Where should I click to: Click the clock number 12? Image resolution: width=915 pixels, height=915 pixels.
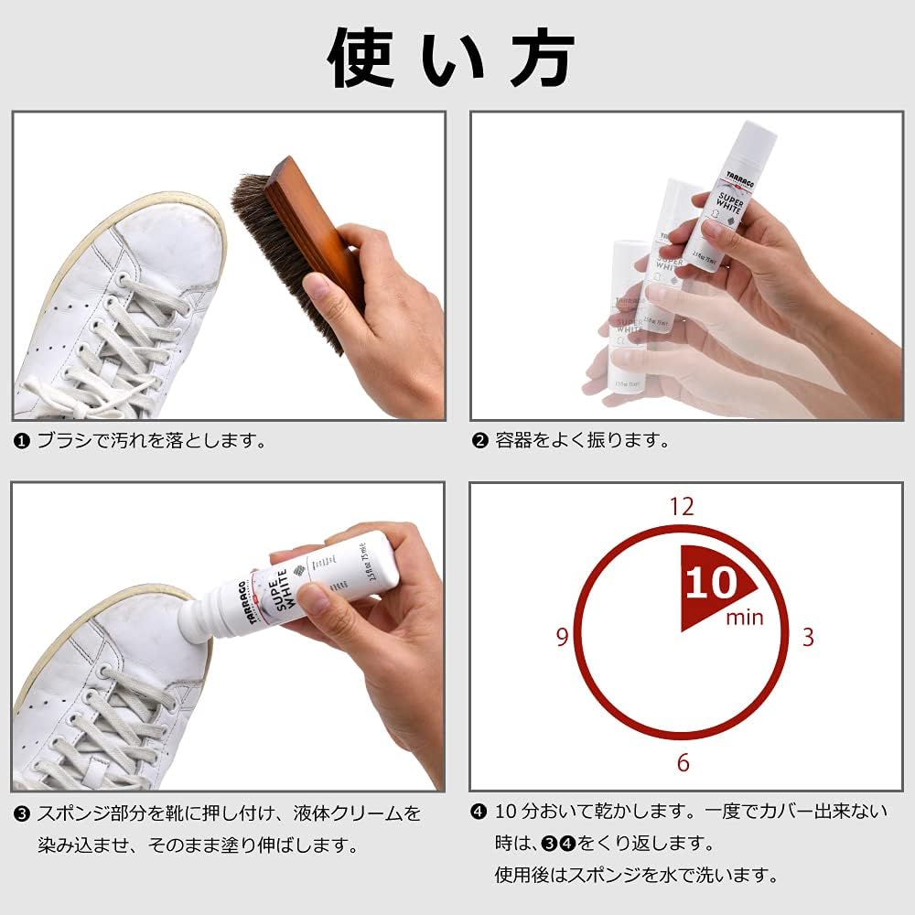point(682,506)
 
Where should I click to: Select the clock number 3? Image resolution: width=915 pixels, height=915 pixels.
point(807,638)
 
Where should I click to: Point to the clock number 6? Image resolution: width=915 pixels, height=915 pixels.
point(683,762)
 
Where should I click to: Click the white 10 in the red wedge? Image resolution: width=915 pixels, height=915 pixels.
point(710,584)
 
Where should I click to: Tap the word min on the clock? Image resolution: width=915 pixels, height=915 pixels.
point(744,617)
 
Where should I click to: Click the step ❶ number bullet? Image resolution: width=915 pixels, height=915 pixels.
point(21,441)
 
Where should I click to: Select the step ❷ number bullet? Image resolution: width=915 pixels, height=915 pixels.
point(479,441)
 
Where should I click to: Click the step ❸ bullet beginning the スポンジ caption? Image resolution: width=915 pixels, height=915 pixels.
point(21,813)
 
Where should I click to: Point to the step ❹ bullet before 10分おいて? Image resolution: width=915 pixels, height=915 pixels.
point(479,812)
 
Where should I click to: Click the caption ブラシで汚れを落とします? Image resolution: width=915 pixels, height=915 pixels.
point(151,441)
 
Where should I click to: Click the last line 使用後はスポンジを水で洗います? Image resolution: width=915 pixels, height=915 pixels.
point(636,876)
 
